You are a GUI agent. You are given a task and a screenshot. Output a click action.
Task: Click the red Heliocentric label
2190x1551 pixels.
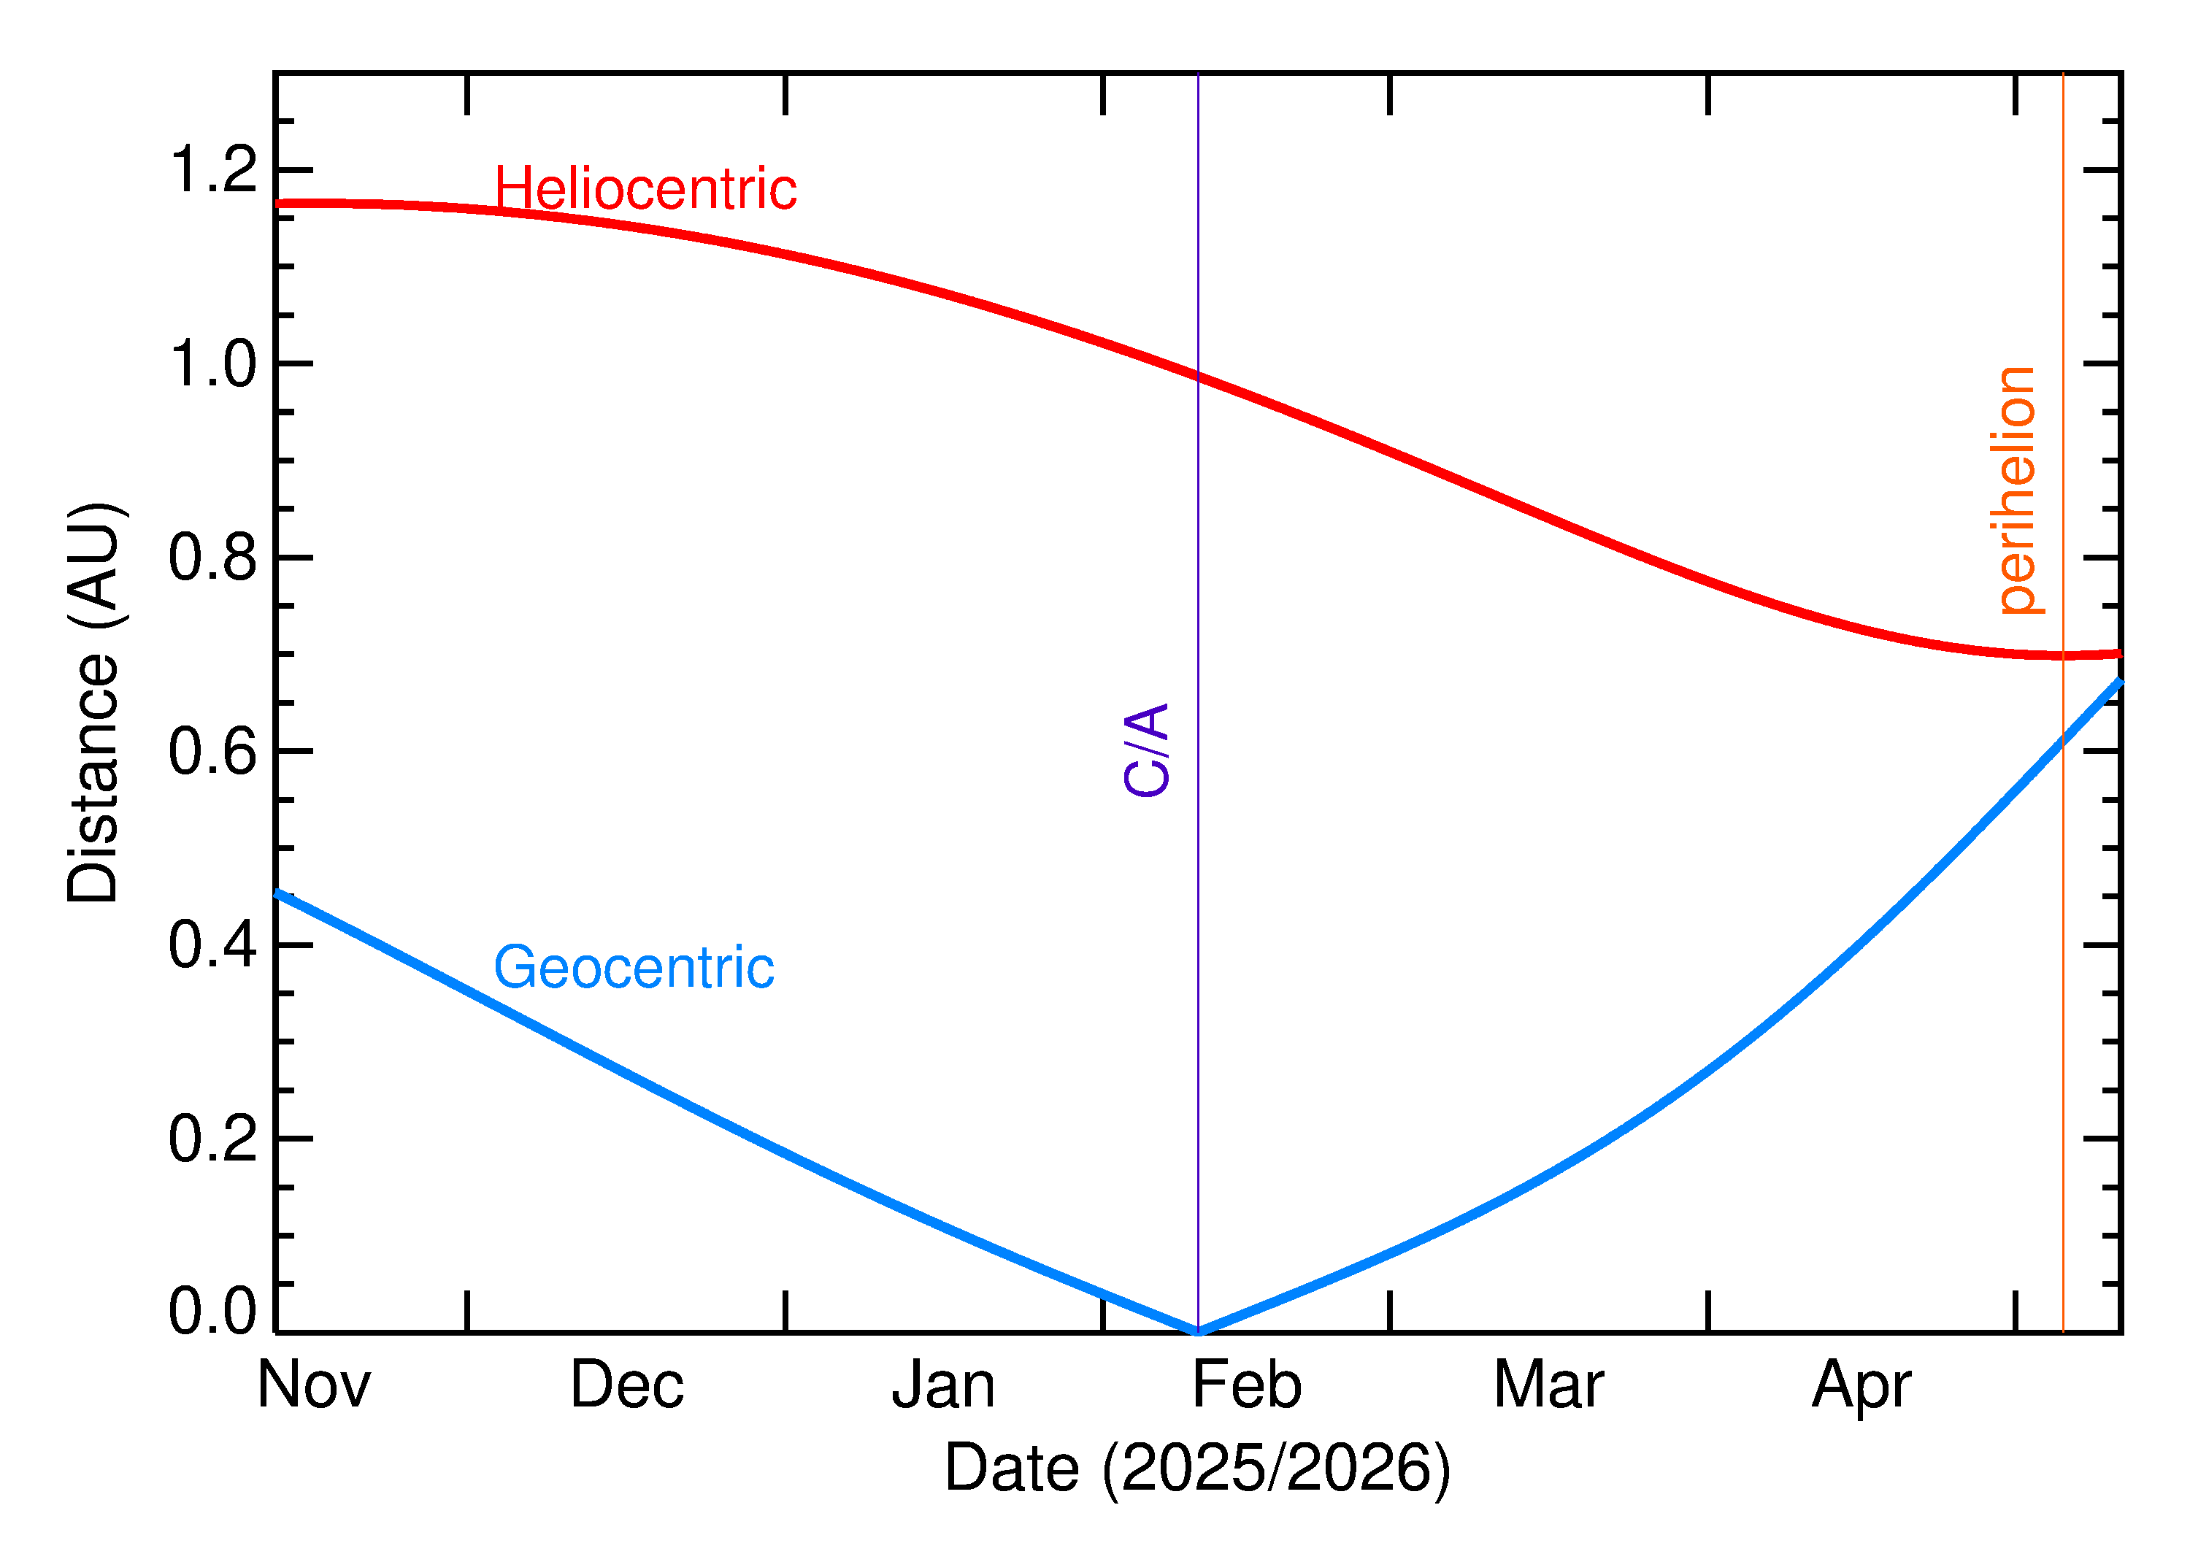(645, 188)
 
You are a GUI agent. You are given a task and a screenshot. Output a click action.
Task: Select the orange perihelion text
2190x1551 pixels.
(2016, 490)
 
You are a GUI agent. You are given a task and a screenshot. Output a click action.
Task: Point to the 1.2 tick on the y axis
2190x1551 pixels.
(213, 170)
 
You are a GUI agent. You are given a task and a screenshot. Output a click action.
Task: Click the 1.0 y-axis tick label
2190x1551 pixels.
(213, 364)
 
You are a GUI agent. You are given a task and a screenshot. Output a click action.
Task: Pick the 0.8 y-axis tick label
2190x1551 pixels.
(213, 558)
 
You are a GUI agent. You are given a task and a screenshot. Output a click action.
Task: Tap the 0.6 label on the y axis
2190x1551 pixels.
(213, 752)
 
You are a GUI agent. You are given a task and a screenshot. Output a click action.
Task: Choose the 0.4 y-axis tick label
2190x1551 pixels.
(213, 945)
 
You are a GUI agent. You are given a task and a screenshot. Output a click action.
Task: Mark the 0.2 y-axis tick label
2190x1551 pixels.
(213, 1139)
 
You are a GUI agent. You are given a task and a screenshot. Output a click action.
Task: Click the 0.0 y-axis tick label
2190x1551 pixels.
(213, 1310)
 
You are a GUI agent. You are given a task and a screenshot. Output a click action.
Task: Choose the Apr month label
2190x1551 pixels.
(1861, 1387)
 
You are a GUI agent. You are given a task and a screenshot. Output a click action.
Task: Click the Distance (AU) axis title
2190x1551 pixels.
(93, 702)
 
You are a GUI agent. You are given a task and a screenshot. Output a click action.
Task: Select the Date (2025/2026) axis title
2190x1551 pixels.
(1198, 1468)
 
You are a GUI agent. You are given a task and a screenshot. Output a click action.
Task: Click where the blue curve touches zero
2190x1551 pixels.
(1198, 1331)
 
